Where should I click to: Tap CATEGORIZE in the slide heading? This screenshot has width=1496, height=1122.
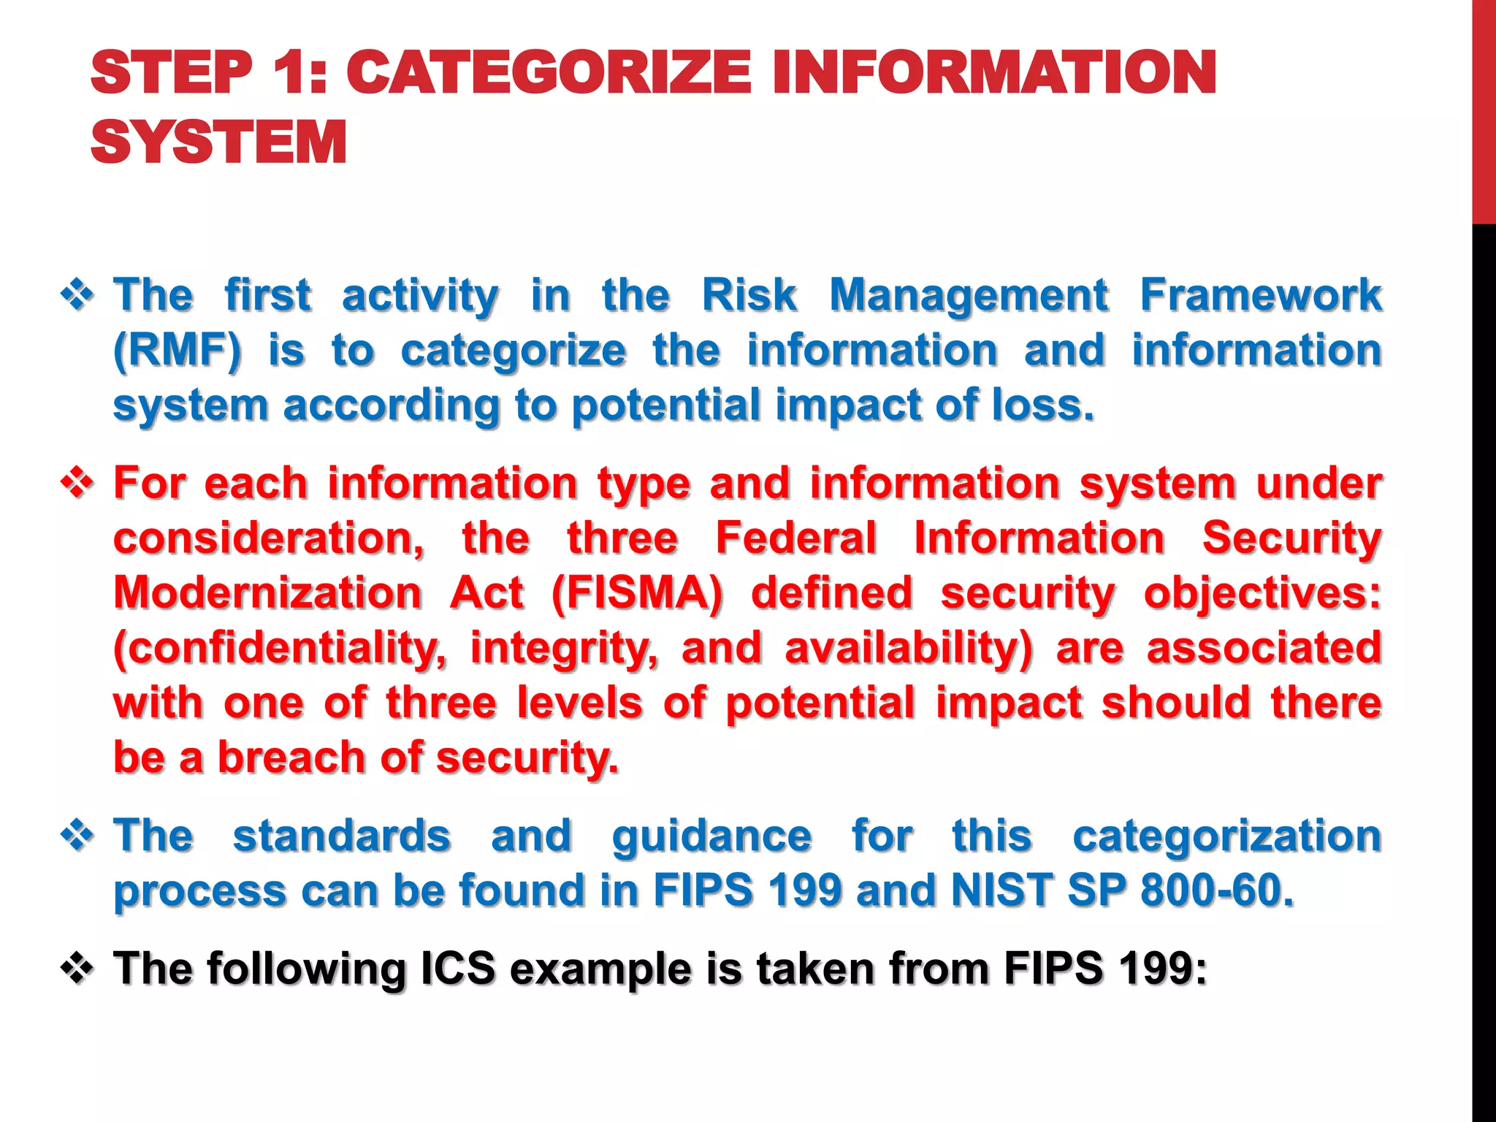pos(548,72)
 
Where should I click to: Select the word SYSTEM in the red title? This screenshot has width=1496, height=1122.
pos(218,142)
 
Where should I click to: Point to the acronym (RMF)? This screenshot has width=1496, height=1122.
pos(177,351)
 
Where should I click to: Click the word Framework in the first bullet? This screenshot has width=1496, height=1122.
pos(1261,295)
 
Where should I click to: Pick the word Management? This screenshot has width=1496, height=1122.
pos(969,295)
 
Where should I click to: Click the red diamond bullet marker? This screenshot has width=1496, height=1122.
pos(77,484)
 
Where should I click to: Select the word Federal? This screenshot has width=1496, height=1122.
pos(795,538)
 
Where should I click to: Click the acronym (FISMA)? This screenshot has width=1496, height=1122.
pos(637,592)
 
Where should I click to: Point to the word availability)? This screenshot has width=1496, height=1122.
pos(908,648)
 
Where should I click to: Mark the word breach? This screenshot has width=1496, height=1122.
pos(291,757)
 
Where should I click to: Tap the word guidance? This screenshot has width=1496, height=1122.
pos(711,836)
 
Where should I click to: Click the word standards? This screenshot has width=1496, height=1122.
pos(341,836)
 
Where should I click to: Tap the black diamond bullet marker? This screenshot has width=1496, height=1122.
pos(77,969)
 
